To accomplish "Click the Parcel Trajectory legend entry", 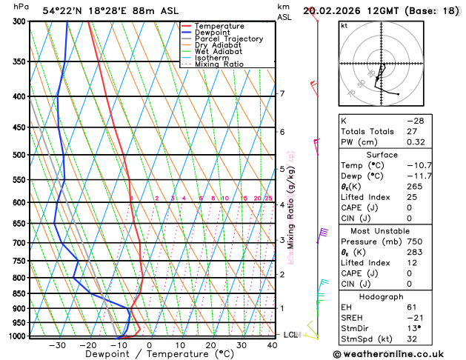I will tap(228, 39).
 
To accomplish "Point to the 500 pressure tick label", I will tap(19, 155).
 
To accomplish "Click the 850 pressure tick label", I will tap(19, 293).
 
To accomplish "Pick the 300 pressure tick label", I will tap(19, 21).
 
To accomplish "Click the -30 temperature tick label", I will tap(57, 345).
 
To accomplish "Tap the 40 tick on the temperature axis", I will tap(273, 345).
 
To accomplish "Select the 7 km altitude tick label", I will tap(282, 94).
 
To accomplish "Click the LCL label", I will tap(290, 335).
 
